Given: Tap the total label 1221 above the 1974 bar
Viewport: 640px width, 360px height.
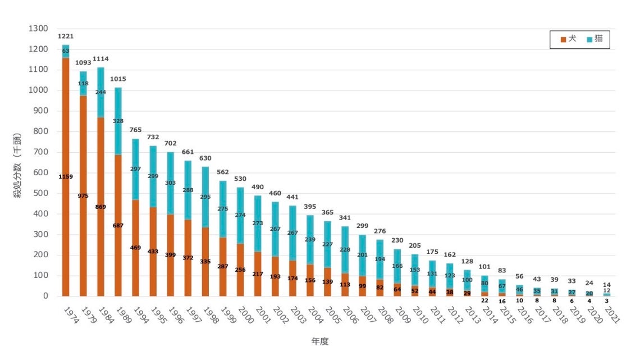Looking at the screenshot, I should tap(66, 37).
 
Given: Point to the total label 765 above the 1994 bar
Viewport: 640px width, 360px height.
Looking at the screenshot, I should tap(135, 130).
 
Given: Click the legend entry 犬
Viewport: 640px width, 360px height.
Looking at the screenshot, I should tap(568, 39).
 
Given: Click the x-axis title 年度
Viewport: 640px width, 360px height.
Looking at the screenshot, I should tap(320, 341).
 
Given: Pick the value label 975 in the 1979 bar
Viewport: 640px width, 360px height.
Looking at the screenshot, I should tap(83, 195).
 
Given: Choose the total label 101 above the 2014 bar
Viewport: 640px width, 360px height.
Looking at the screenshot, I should tap(484, 267).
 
